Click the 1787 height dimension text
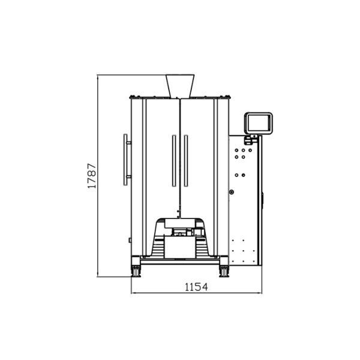[92, 176]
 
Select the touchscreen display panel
[259, 123]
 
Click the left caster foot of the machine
[136, 271]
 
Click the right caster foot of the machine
[224, 271]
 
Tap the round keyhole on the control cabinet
[232, 193]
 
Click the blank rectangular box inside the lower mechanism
[180, 245]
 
